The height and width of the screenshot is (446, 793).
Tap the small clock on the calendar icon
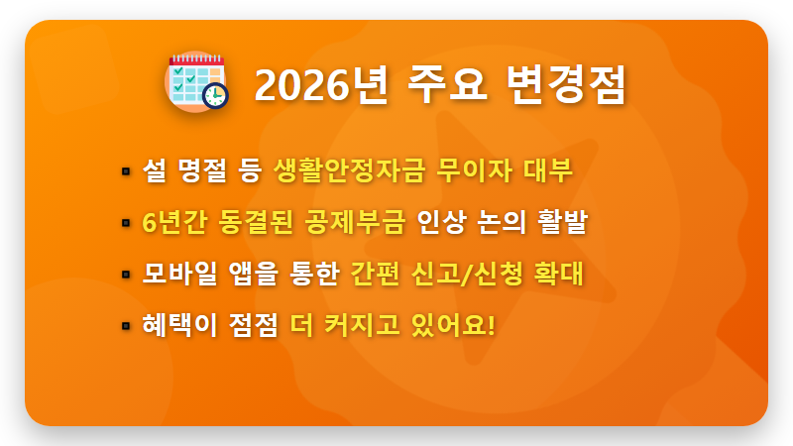coord(215,96)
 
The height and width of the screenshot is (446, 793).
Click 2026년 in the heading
coord(316,86)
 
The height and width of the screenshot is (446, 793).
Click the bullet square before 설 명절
coord(125,170)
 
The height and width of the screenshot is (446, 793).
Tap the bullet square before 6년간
coord(125,222)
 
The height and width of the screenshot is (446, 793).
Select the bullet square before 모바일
coord(125,274)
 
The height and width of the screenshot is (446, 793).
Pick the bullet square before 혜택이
coord(125,325)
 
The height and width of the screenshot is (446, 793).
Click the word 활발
coord(563,222)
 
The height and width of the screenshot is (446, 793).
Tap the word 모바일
coord(178,274)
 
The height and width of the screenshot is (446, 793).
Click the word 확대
coord(561,274)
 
